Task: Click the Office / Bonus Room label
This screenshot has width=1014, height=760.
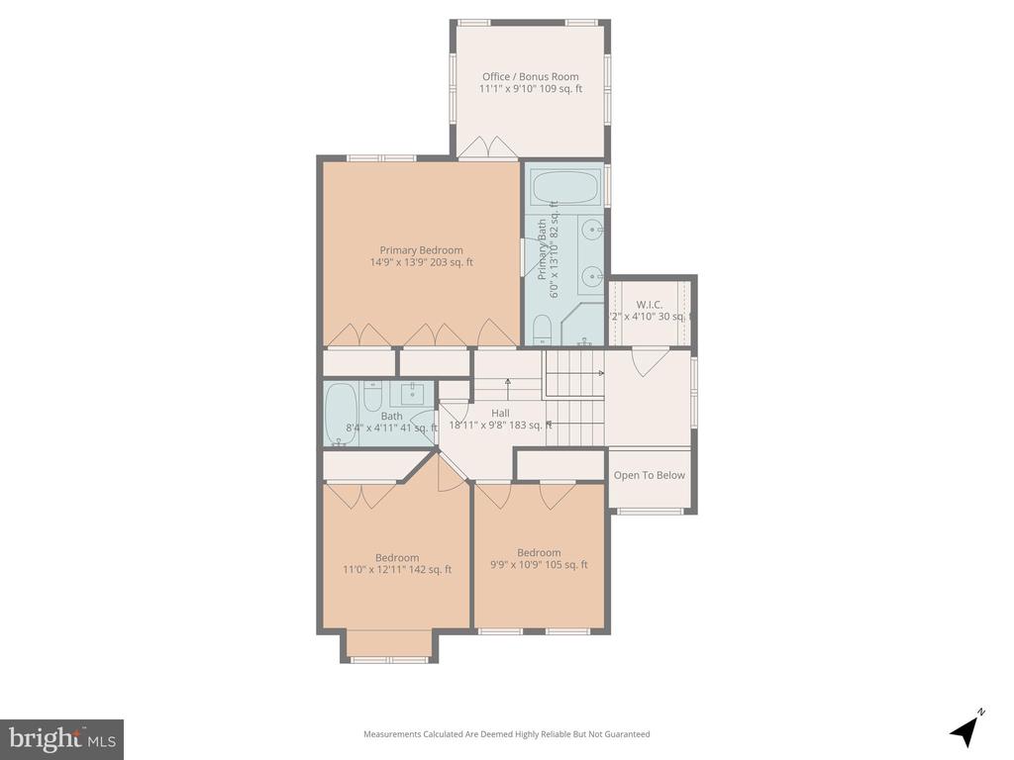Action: pos(530,76)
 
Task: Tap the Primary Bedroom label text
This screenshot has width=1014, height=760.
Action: pos(421,250)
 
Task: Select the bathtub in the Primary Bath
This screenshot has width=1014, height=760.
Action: pos(564,187)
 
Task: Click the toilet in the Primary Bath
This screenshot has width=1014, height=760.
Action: pos(542,329)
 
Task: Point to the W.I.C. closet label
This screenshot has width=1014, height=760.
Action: pos(650,304)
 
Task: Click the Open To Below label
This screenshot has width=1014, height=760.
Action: pos(649,475)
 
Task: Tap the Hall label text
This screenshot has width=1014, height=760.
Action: pos(500,413)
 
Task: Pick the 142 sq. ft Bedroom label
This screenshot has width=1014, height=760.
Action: pos(396,557)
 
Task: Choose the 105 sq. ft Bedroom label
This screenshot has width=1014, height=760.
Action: pos(539,553)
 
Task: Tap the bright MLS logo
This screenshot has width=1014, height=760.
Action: pos(61,738)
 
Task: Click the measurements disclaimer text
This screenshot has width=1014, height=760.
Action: pos(506,734)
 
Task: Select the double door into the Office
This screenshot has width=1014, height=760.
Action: pos(487,148)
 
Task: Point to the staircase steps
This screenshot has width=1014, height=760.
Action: pos(574,396)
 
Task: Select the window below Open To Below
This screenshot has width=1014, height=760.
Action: pos(649,511)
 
